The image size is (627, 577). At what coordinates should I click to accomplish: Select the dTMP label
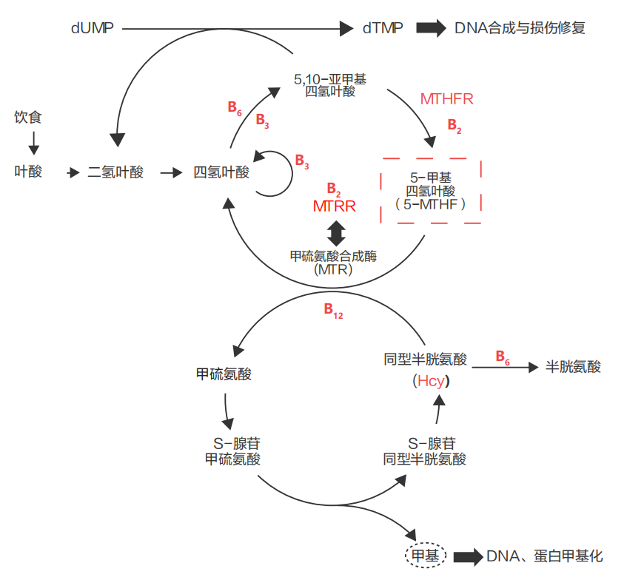coord(383,28)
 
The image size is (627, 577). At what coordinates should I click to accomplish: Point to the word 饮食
coord(28,117)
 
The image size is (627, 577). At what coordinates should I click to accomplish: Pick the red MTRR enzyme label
coord(334,206)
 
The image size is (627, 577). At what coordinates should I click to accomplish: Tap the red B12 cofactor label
coord(333,311)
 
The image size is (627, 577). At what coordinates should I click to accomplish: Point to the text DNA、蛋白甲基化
coord(546,556)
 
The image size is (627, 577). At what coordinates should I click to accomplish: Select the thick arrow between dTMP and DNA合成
coord(431,28)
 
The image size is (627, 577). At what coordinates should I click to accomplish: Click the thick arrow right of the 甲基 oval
coord(467,556)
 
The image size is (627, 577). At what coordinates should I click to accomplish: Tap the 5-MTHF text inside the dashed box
coord(430,204)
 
